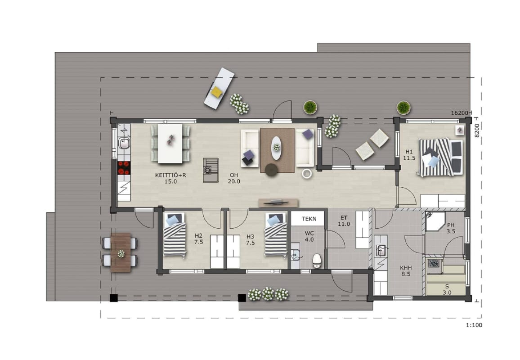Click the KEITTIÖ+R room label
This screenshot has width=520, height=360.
click(170, 178)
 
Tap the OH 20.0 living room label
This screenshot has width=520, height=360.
click(234, 178)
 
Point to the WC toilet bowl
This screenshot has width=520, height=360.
click(317, 261)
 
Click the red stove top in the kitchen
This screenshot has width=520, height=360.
click(124, 167)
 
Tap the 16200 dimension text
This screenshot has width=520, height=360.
click(459, 113)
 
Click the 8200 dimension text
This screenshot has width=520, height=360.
click(477, 131)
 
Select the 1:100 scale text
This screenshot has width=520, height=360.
click(474, 325)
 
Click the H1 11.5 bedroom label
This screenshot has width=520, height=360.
click(409, 155)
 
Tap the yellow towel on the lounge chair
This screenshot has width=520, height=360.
click(216, 92)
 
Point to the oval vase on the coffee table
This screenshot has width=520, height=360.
click(276, 148)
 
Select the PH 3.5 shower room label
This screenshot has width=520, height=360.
click(451, 228)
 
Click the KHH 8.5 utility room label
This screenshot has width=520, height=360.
click(406, 271)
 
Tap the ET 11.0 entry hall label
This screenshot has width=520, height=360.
click(344, 221)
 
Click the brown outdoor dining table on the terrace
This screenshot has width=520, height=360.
click(121, 252)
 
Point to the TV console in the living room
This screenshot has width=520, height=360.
click(278, 202)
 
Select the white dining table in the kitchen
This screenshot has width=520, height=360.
click(170, 144)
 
